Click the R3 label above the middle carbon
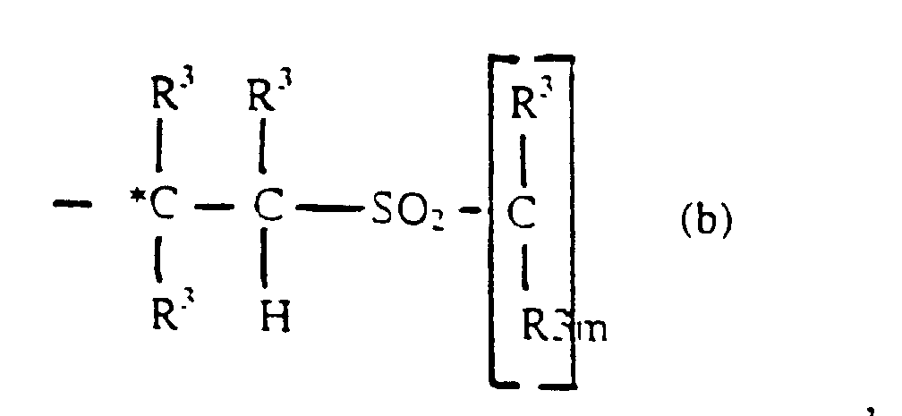click(x=270, y=94)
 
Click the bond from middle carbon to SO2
click(x=328, y=211)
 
